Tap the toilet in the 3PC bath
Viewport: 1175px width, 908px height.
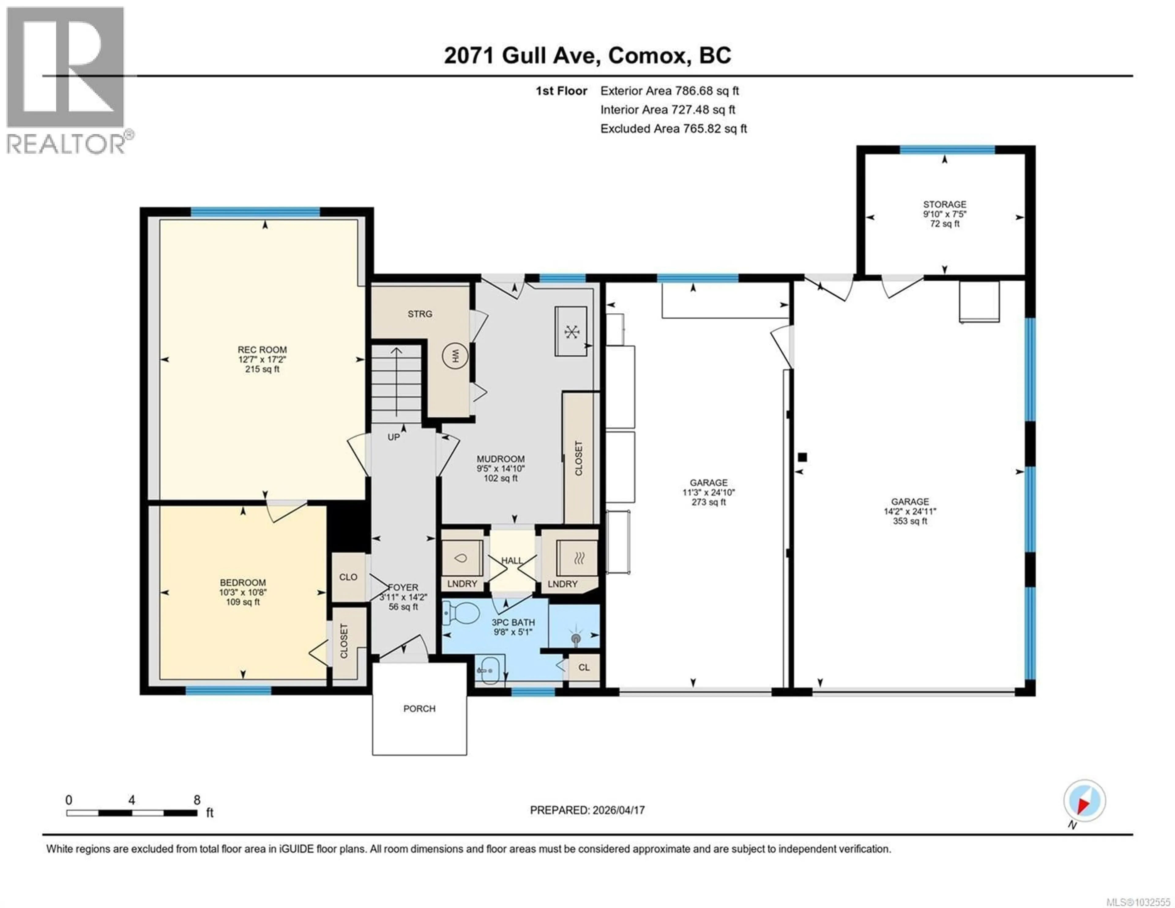coord(462,614)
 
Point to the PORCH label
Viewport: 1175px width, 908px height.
coord(419,709)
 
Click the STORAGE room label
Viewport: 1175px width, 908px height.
coord(944,204)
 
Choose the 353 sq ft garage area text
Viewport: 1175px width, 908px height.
coord(910,521)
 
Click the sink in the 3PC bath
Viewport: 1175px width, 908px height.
coord(488,670)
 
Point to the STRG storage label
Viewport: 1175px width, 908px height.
coord(419,314)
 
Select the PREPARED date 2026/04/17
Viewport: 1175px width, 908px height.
coord(587,810)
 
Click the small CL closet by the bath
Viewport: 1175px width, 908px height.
coord(584,667)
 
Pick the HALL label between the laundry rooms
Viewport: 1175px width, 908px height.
coord(512,560)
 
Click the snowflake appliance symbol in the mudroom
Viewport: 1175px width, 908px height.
coord(571,331)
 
